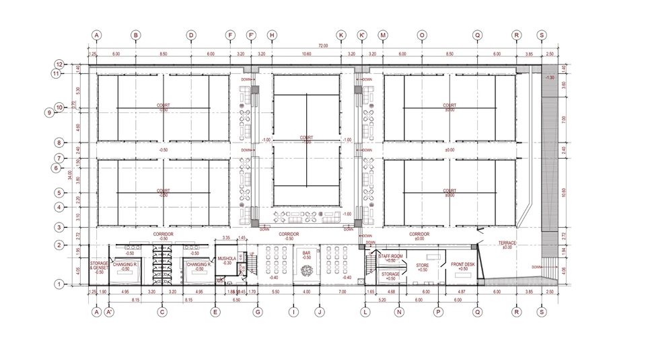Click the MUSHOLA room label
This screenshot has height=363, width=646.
(225, 258)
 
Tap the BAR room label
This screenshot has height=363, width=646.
(307, 253)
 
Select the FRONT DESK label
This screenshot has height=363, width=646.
(462, 265)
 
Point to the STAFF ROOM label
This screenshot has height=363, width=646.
(390, 256)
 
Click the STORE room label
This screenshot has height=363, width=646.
(422, 266)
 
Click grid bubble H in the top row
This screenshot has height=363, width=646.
(272, 35)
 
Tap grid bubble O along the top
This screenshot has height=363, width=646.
(422, 35)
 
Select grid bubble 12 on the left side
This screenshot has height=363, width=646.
(59, 65)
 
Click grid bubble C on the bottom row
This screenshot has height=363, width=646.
(162, 312)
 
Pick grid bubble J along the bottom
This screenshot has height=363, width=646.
(320, 312)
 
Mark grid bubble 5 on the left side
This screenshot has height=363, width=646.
(59, 193)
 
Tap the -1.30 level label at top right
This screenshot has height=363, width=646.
(550, 78)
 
